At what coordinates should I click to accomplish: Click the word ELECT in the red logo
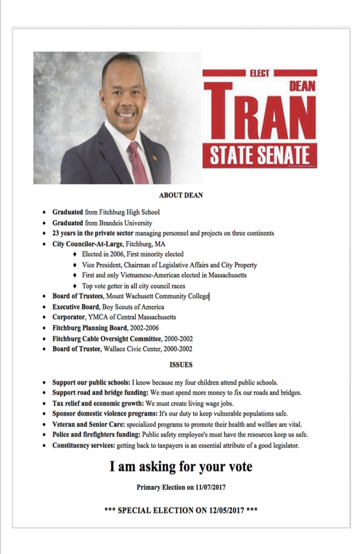259,73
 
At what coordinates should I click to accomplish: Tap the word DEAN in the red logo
302,86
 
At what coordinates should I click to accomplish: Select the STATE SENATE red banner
259,155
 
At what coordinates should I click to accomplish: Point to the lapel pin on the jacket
155,157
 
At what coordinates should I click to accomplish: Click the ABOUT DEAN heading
181,195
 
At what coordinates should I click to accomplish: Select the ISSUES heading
181,365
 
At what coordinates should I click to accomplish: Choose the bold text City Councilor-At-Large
88,244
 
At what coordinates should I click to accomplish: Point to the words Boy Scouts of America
133,307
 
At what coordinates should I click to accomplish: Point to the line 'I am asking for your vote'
181,467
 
